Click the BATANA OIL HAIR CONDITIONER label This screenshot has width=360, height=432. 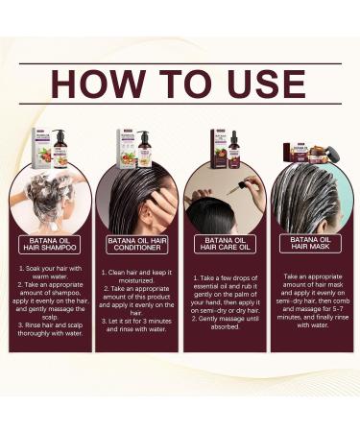coord(136,242)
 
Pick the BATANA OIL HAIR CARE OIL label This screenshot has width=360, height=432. coord(223,243)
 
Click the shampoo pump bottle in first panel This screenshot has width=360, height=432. coord(60,146)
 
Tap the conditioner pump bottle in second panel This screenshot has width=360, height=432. coord(144,148)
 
